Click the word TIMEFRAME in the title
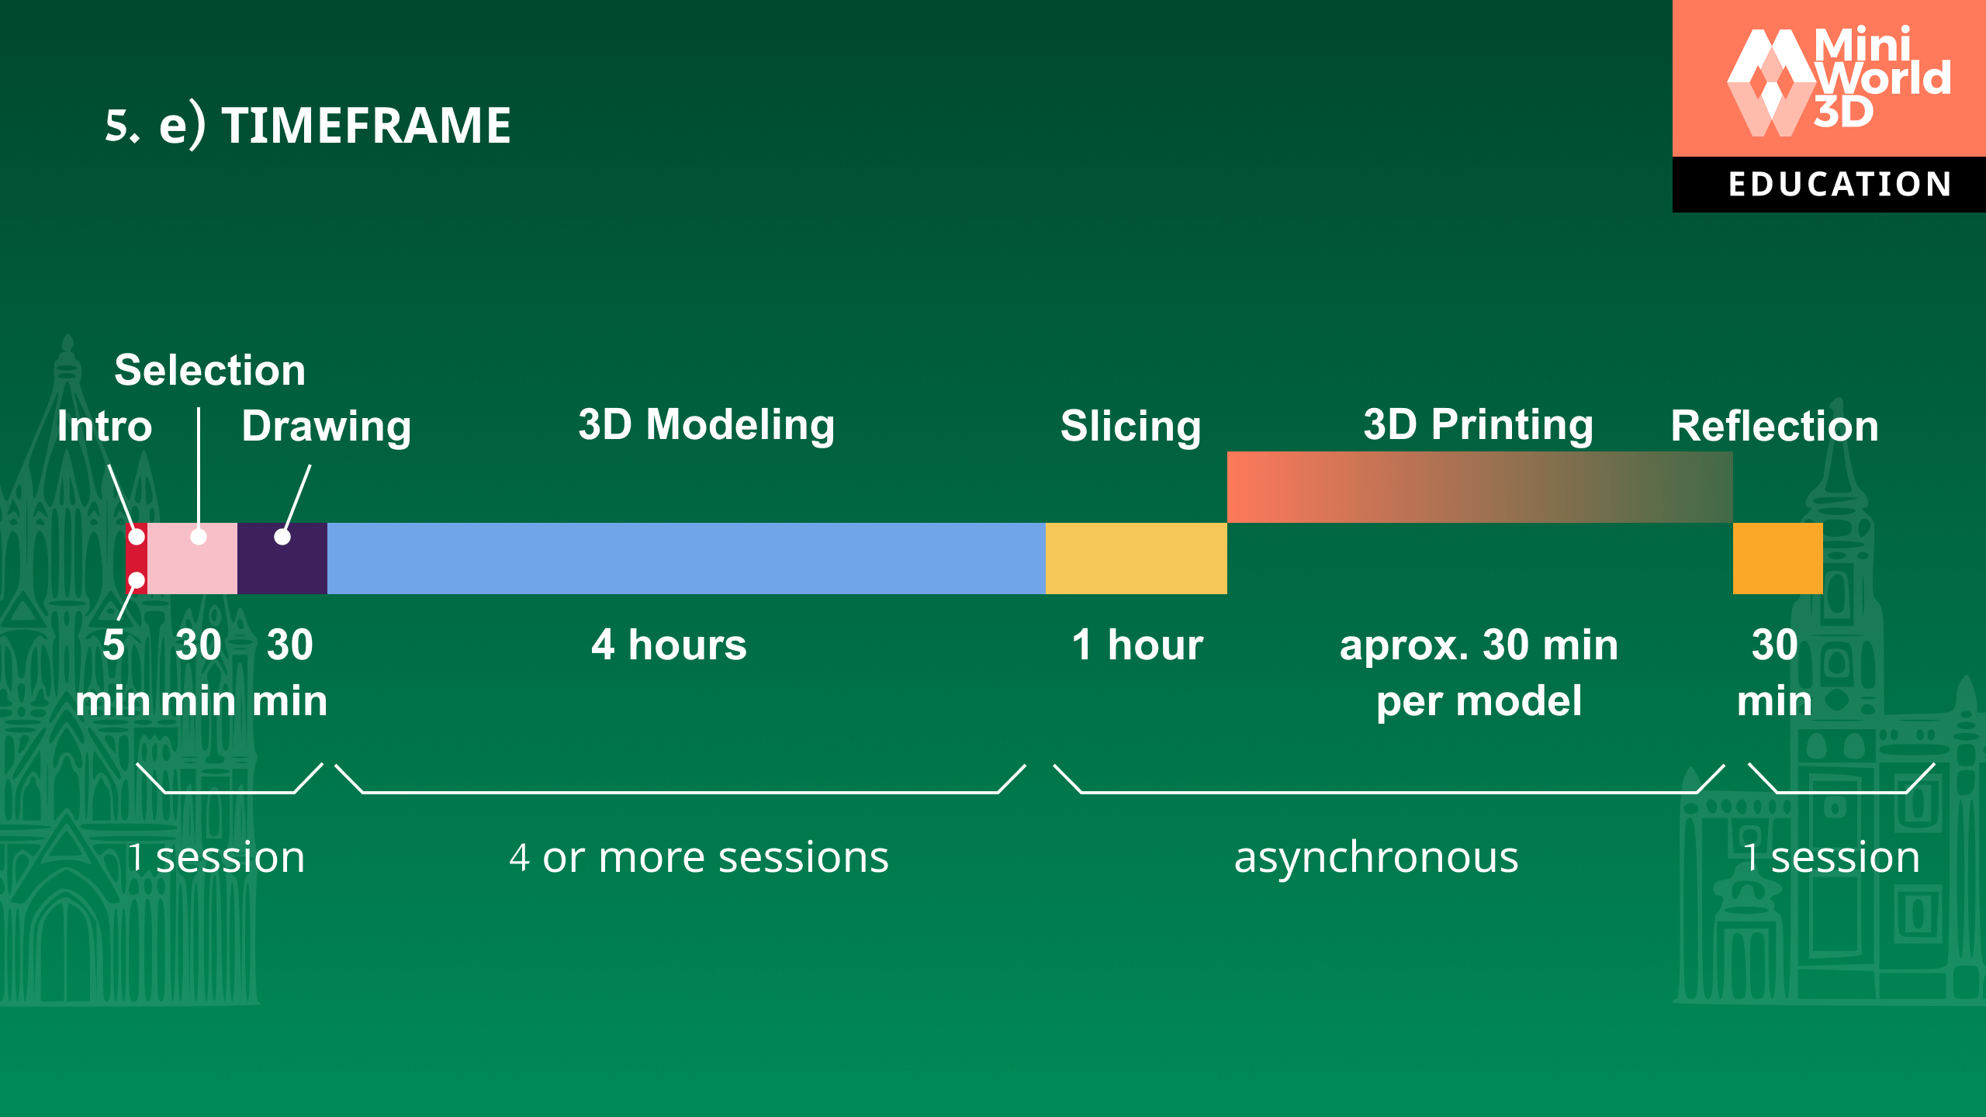(366, 126)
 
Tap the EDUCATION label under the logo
(1839, 185)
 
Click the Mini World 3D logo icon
(1772, 82)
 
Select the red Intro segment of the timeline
(136, 558)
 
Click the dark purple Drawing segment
(282, 566)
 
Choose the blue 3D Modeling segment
(686, 558)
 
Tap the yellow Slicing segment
(1136, 558)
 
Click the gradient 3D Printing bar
(1479, 487)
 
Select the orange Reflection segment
(1777, 558)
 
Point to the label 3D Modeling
(706, 425)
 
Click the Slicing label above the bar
(1130, 427)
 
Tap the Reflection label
(1774, 427)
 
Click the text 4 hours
(669, 645)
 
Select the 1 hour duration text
(1137, 645)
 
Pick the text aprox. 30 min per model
(1479, 673)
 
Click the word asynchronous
(1376, 858)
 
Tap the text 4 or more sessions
(698, 858)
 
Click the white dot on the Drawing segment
(282, 537)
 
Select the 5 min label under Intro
(113, 673)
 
